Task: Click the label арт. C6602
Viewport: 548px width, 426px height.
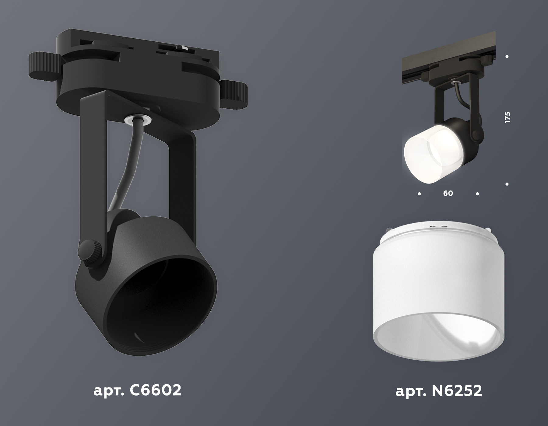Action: [137, 390]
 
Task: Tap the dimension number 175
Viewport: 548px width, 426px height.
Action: [507, 117]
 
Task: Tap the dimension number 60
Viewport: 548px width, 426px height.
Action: [448, 194]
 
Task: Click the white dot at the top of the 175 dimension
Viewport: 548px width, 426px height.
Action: [507, 57]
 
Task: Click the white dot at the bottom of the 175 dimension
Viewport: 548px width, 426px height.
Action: [507, 184]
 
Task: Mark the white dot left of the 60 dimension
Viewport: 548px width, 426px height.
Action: [420, 194]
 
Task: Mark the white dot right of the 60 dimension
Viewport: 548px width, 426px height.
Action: [477, 194]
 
